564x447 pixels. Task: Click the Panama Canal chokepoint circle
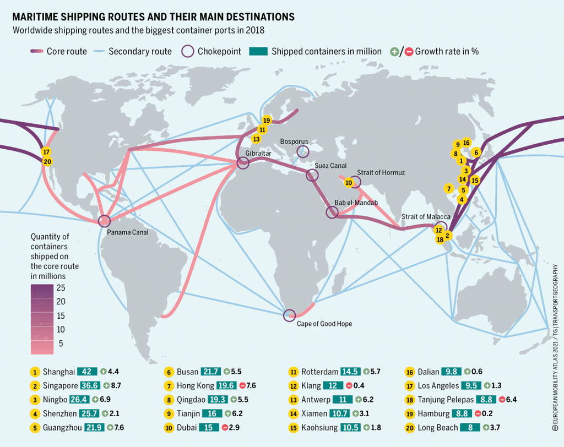[x=104, y=221]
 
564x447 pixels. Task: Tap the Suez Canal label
[x=330, y=165]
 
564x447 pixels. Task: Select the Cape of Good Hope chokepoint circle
[x=289, y=315]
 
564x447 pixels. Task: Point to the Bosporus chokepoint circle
[x=303, y=151]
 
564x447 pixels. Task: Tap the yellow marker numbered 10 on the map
[x=348, y=183]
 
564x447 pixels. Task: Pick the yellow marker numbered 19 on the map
[x=267, y=120]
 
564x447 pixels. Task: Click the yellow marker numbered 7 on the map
[x=449, y=188]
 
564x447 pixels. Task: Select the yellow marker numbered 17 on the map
[x=46, y=152]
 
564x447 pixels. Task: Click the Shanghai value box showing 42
[x=87, y=372]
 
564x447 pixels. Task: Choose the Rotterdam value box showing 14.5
[x=351, y=372]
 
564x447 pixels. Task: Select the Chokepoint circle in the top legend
[x=187, y=51]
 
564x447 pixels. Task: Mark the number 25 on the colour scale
[x=61, y=288]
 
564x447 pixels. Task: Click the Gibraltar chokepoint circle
[x=243, y=162]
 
